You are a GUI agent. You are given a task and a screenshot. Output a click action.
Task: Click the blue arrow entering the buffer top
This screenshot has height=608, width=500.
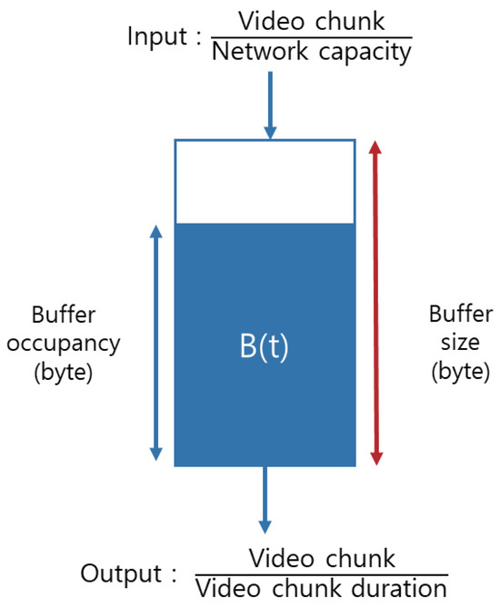click(270, 105)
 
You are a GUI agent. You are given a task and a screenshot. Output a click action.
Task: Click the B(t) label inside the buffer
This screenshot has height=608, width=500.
click(264, 347)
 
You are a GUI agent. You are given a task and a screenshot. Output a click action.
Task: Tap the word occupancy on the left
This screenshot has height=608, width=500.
click(64, 344)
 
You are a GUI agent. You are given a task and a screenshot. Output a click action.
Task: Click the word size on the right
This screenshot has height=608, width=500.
click(459, 344)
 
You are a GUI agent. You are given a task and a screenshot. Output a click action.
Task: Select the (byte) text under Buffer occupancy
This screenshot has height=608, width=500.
click(64, 374)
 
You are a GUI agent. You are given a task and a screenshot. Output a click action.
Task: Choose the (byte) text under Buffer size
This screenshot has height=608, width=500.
click(459, 374)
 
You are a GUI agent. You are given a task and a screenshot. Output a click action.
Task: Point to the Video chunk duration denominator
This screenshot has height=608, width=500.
click(321, 588)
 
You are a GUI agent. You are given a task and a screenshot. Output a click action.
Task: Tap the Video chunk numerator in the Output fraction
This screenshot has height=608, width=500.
click(321, 557)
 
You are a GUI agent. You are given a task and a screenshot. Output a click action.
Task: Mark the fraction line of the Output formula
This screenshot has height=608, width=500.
click(321, 573)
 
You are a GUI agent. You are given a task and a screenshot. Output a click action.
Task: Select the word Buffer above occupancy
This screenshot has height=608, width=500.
click(64, 315)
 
